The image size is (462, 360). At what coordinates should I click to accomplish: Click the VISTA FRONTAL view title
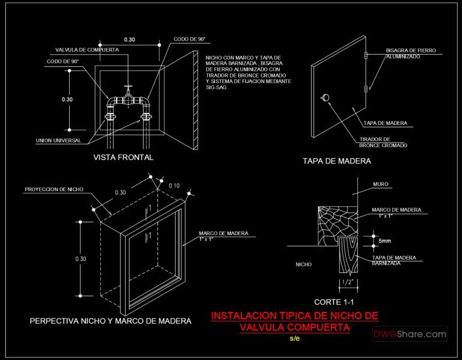click(x=123, y=157)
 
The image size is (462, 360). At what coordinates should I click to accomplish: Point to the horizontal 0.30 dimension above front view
click(x=129, y=39)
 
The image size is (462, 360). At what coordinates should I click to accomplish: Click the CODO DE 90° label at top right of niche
click(x=189, y=39)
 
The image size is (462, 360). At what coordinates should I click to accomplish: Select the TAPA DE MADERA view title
click(x=336, y=161)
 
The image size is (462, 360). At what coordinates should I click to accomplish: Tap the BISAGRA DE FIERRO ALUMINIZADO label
click(x=411, y=53)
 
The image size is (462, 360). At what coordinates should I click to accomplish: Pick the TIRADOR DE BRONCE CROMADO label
click(x=383, y=142)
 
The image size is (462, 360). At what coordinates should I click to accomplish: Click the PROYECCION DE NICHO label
click(x=54, y=189)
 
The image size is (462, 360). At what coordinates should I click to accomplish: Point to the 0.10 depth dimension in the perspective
click(x=174, y=185)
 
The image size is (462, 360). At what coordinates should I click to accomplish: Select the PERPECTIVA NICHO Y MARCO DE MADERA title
click(x=111, y=322)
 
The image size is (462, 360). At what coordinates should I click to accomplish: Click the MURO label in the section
click(x=380, y=185)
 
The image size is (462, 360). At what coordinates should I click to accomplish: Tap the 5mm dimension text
click(x=386, y=241)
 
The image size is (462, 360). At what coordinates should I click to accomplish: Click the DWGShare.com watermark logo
click(x=410, y=334)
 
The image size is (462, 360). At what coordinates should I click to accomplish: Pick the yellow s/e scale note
click(x=294, y=338)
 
